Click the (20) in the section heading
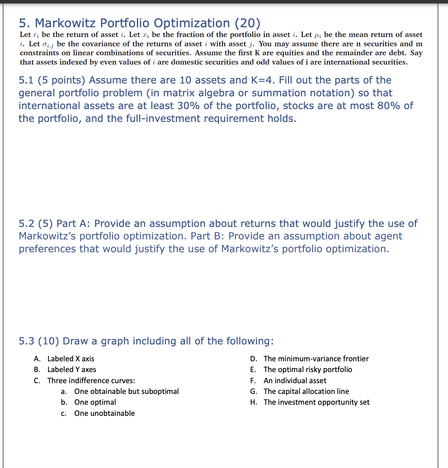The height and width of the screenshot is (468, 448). pyautogui.click(x=247, y=23)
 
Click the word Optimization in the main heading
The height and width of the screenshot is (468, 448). pyautogui.click(x=192, y=23)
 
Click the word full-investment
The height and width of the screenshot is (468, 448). pyautogui.click(x=158, y=119)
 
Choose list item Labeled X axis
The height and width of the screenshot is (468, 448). pyautogui.click(x=71, y=359)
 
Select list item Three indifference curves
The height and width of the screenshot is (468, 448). pyautogui.click(x=91, y=380)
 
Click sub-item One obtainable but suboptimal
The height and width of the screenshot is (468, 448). pyautogui.click(x=126, y=391)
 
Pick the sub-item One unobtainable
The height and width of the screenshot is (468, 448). pyautogui.click(x=104, y=413)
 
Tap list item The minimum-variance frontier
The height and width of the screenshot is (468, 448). pyautogui.click(x=316, y=359)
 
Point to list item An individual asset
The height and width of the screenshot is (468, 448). pyautogui.click(x=295, y=380)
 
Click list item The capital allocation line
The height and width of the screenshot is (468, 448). pyautogui.click(x=306, y=391)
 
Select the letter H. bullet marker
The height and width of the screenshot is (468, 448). pyautogui.click(x=254, y=402)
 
